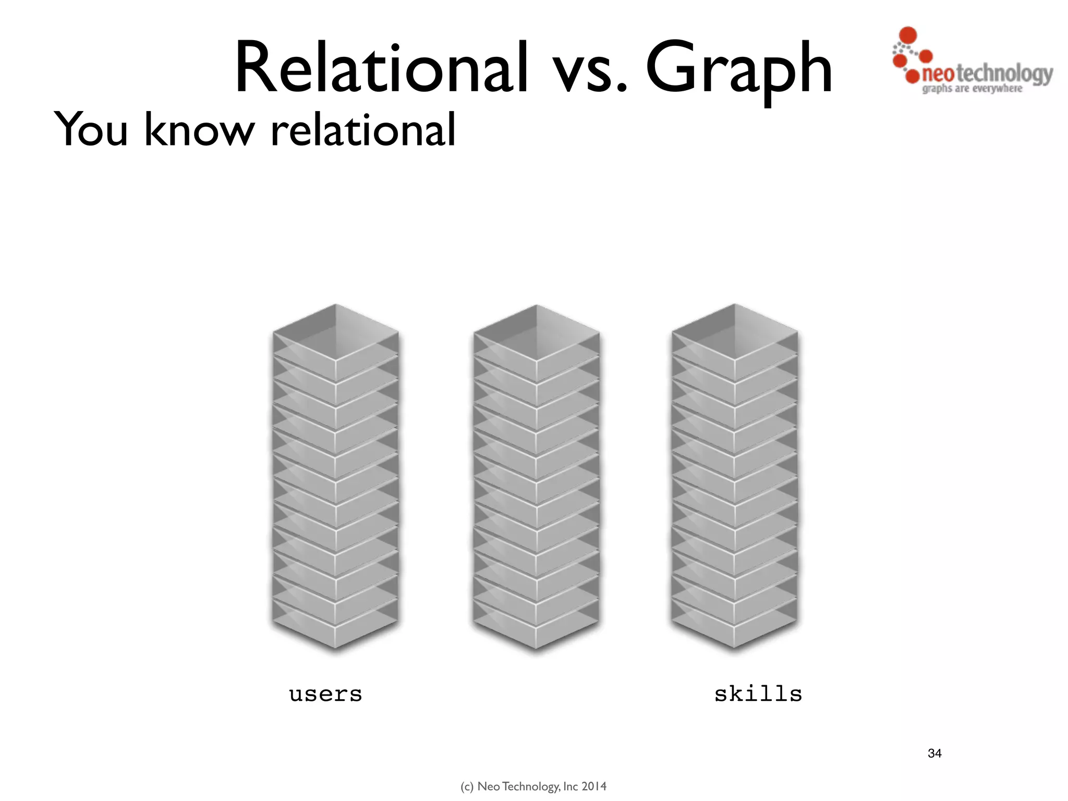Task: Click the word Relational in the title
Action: [381, 68]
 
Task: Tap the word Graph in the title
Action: [739, 70]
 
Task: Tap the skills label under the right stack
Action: [758, 694]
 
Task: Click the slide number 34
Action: [934, 753]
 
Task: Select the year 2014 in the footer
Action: [594, 786]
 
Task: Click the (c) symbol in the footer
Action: [467, 786]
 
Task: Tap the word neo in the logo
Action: [938, 74]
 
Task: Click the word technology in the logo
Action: [1004, 74]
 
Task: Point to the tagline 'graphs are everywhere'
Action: [972, 89]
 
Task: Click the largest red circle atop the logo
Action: [908, 35]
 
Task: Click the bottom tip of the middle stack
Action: [536, 647]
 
